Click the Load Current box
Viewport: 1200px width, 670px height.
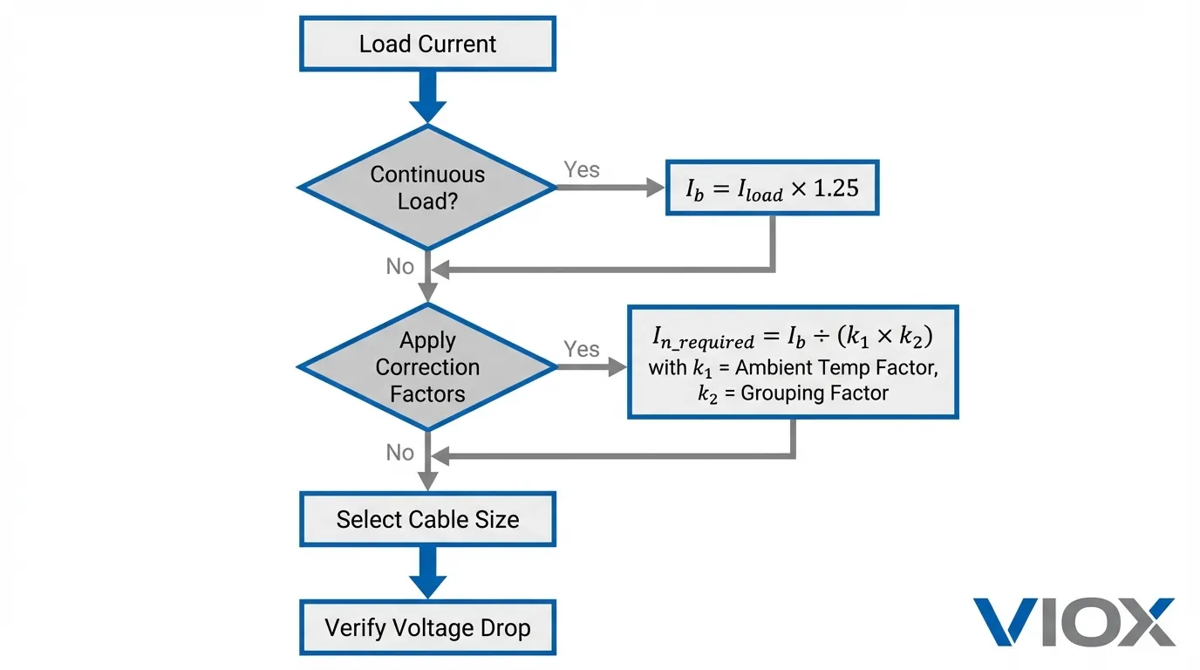(427, 44)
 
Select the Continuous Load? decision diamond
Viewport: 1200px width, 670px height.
(427, 187)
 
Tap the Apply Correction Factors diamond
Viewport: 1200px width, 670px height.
(427, 366)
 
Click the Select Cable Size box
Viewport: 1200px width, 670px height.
(427, 519)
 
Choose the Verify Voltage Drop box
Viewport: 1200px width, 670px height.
(427, 627)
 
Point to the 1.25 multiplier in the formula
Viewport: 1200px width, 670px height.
(835, 188)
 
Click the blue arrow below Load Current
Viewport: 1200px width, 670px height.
(427, 96)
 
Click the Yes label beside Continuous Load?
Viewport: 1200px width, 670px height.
(582, 169)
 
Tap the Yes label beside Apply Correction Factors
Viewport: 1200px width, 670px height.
(582, 349)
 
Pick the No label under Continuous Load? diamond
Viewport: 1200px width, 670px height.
(400, 266)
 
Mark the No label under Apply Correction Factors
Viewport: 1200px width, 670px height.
(400, 452)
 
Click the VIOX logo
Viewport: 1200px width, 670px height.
(1074, 622)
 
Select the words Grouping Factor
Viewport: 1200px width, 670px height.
(814, 393)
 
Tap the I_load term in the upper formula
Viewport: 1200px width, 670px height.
(757, 189)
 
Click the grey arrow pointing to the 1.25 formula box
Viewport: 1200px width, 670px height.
(610, 187)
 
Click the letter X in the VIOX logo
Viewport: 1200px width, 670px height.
(1142, 622)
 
